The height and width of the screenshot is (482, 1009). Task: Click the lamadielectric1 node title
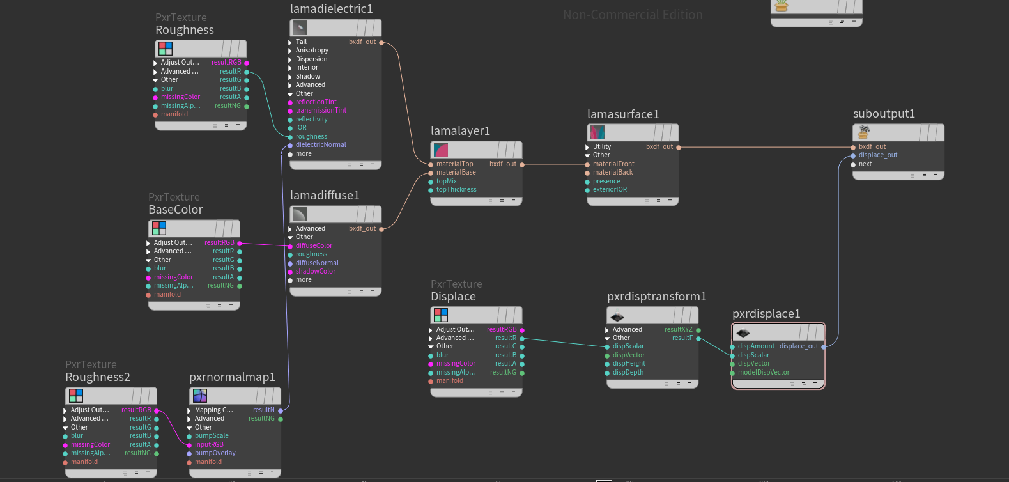[331, 8]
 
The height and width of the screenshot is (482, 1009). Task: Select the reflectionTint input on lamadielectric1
[316, 102]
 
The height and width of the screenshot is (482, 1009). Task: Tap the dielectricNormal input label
[321, 145]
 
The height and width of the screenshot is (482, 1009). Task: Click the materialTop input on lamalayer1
[454, 164]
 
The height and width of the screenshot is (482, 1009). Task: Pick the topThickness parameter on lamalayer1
[456, 190]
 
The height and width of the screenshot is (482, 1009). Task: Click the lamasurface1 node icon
[597, 132]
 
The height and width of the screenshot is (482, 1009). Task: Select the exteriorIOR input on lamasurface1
[610, 190]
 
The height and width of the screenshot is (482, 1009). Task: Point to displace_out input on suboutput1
[878, 155]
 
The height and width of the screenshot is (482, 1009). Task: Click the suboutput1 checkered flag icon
[863, 132]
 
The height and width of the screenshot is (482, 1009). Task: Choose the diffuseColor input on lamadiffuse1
[314, 246]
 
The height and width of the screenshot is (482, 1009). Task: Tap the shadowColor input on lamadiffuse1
[315, 272]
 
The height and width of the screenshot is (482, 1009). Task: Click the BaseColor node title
[176, 210]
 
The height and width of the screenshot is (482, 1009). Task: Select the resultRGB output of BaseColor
[219, 243]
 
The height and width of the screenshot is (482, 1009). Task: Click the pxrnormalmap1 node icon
[200, 396]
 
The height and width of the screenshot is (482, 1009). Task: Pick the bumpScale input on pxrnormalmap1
[212, 436]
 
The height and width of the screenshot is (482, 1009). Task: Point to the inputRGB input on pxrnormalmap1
[209, 445]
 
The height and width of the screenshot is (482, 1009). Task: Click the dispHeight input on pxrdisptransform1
[629, 364]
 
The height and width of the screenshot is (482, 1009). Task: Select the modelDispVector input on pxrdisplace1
[764, 373]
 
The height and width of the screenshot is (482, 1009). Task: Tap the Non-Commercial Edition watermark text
[633, 15]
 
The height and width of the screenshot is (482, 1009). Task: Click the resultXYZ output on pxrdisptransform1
[679, 330]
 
